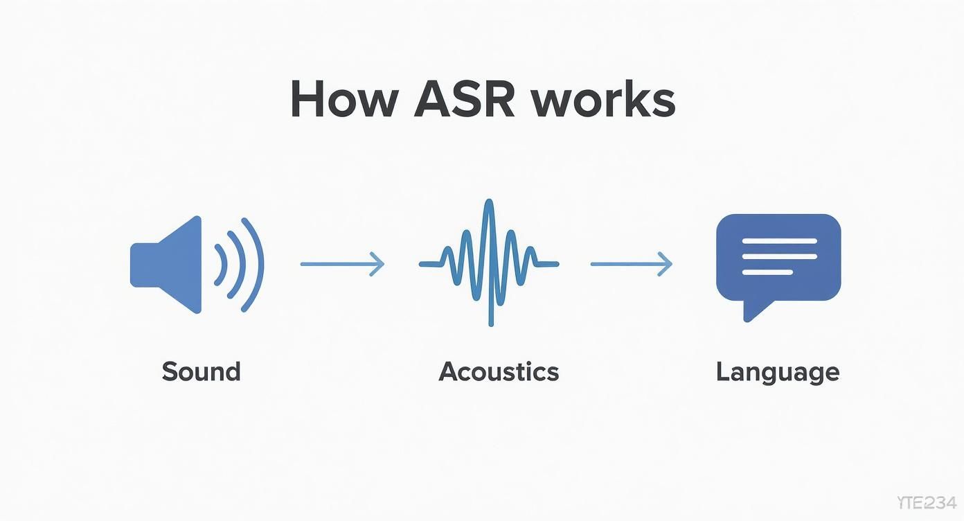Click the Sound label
[x=201, y=372]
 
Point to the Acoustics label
[x=499, y=372]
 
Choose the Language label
[x=777, y=372]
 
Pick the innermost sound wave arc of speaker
[x=223, y=264]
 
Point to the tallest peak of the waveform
[x=490, y=203]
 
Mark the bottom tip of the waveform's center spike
[x=491, y=323]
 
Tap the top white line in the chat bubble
[x=778, y=241]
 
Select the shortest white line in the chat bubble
[x=767, y=272]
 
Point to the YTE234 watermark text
[x=925, y=503]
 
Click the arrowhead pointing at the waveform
[x=379, y=264]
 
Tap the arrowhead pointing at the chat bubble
[x=668, y=264]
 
